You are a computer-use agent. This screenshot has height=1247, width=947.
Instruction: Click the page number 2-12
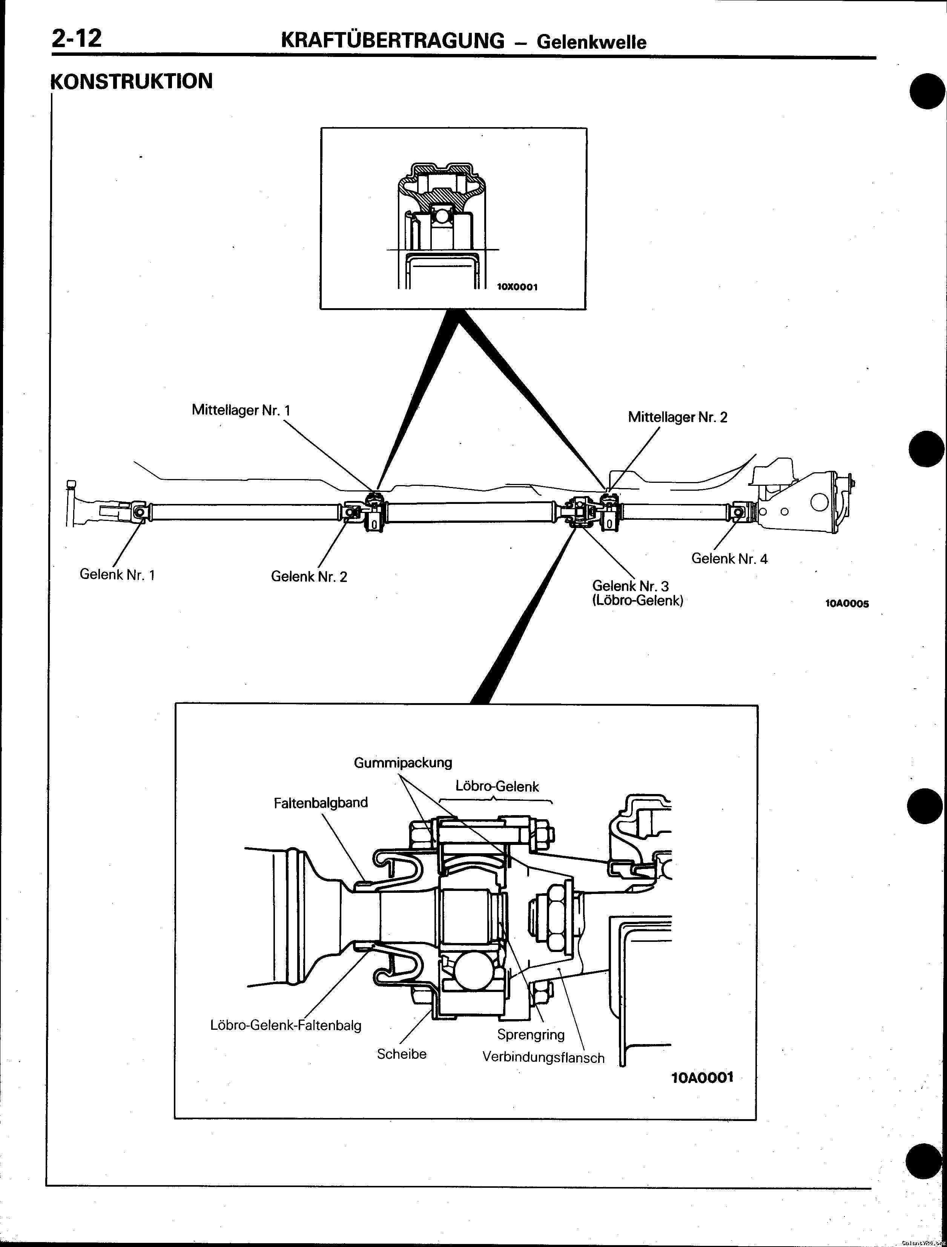point(77,38)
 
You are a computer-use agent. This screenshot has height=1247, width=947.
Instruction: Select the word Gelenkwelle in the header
point(591,42)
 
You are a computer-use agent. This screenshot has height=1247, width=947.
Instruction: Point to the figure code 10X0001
point(517,287)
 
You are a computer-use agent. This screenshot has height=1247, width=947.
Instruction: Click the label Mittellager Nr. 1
point(241,410)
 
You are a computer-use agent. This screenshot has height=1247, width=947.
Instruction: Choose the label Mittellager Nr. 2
point(678,417)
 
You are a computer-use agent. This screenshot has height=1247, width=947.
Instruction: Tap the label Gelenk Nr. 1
point(117,574)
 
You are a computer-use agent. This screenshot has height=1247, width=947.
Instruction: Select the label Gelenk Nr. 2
point(309,576)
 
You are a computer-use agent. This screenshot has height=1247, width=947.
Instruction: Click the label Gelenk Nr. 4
point(729,559)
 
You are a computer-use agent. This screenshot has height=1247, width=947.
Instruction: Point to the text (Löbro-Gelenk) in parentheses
point(637,600)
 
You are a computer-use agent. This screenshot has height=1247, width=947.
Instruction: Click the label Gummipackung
point(403,763)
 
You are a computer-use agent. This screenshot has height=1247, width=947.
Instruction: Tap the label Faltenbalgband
point(321,803)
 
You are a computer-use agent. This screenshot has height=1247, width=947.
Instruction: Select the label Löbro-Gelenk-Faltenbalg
point(286,1025)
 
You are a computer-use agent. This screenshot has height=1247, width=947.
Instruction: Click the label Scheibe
point(401,1053)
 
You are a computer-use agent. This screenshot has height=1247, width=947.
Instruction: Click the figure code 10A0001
point(702,1077)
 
